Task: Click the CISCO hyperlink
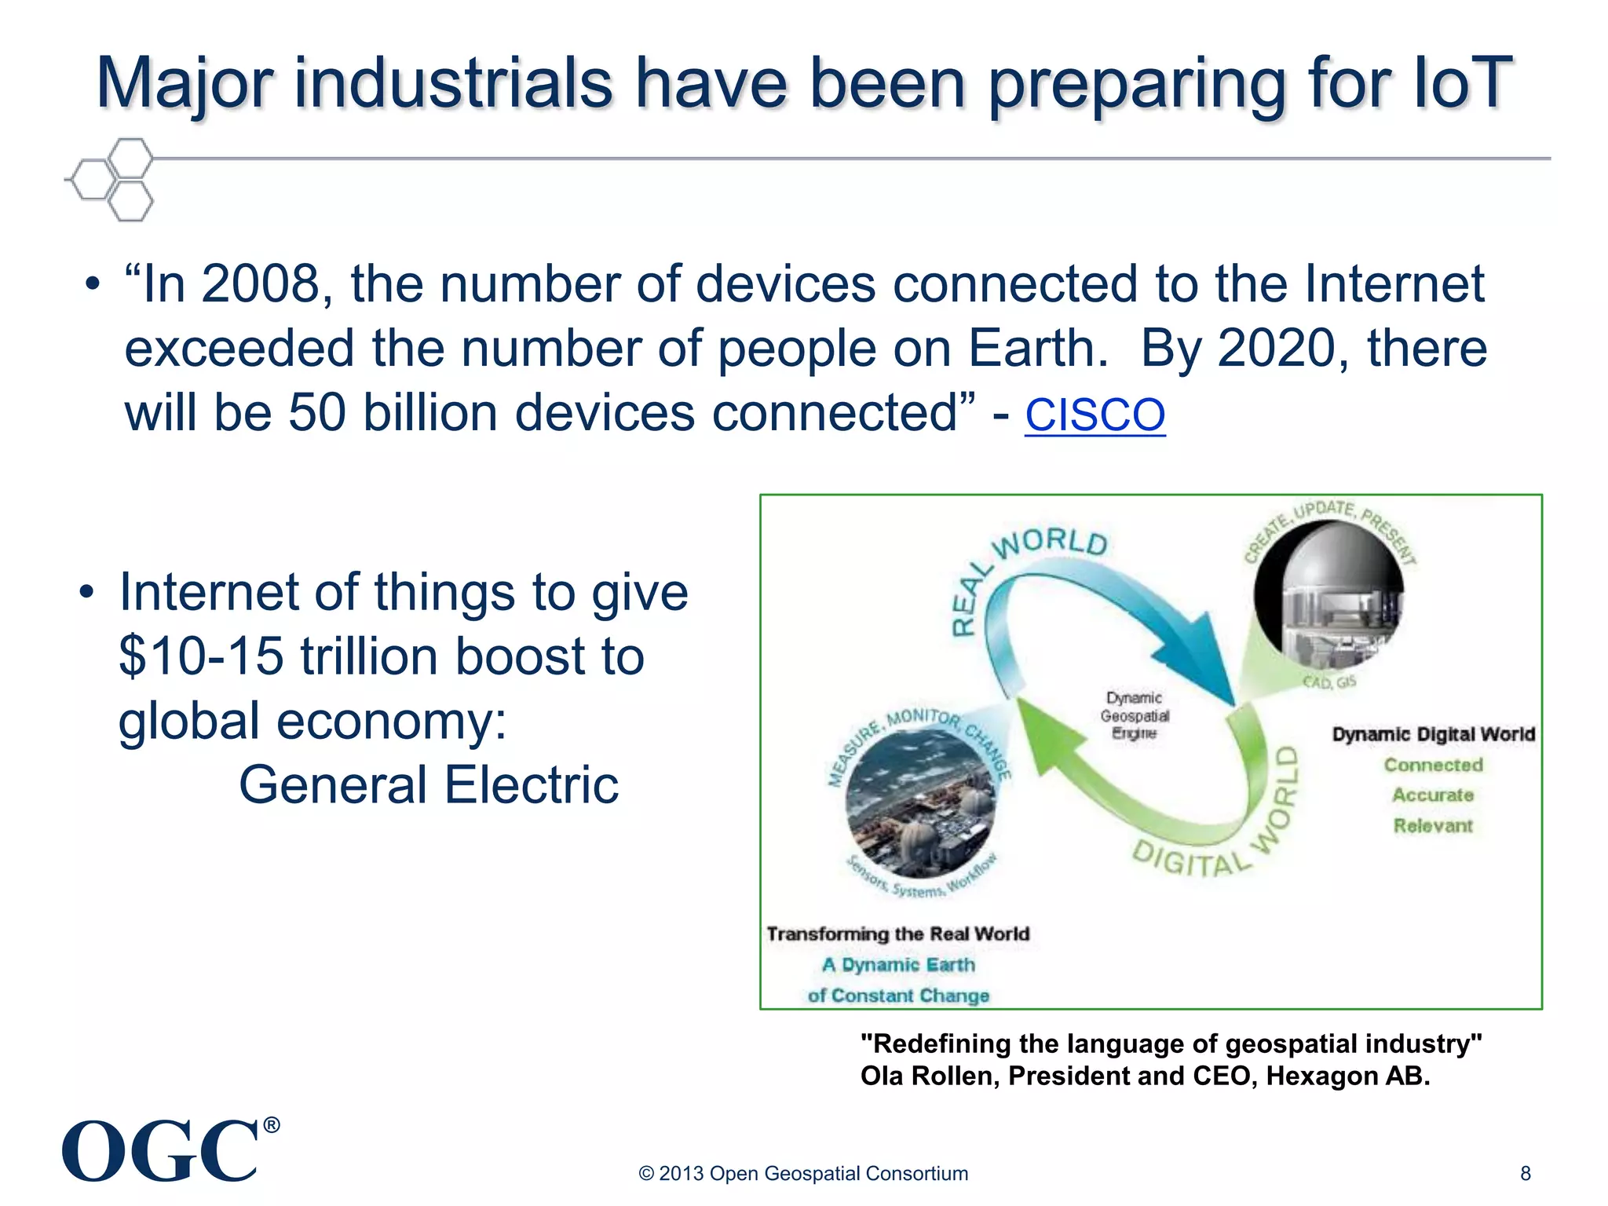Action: (x=1095, y=415)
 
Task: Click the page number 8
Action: (x=1525, y=1173)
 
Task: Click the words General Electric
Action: (x=429, y=784)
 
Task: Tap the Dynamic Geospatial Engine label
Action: (x=1134, y=715)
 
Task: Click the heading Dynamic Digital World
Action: (x=1433, y=734)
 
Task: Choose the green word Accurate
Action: (x=1433, y=795)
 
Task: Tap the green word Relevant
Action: (x=1433, y=826)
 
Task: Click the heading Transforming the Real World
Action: (x=897, y=934)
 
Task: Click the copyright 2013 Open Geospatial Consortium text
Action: (x=803, y=1173)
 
